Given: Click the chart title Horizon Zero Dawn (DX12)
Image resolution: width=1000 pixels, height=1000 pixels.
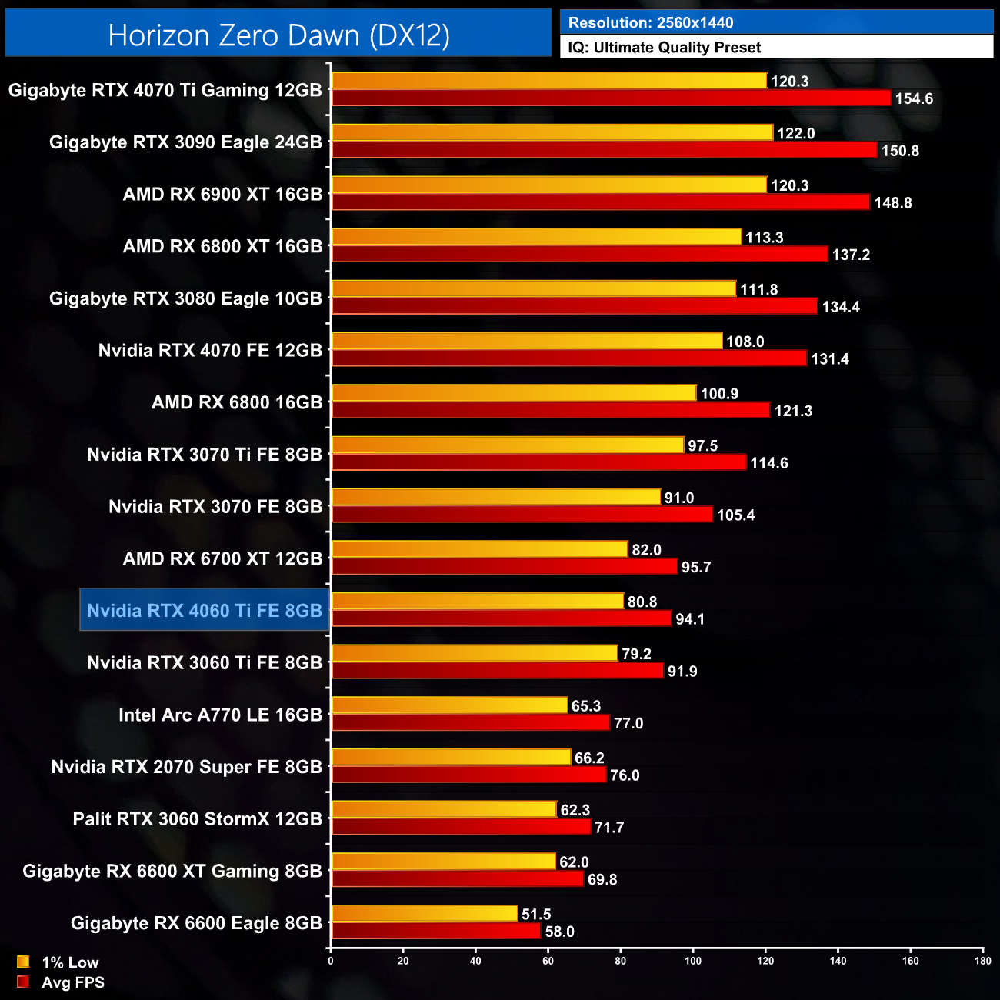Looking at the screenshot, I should coord(278,35).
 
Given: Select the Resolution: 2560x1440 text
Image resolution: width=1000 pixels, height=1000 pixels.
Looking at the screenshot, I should coord(651,23).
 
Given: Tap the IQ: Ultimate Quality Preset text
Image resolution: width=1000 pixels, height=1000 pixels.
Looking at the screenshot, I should coord(665,48).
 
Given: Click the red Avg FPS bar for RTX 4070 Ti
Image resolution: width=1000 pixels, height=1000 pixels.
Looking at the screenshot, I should coord(611,98).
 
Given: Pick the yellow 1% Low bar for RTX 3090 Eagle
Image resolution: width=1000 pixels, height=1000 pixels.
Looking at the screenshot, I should coord(552,132).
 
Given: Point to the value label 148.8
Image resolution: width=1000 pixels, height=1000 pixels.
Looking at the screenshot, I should coord(893,203).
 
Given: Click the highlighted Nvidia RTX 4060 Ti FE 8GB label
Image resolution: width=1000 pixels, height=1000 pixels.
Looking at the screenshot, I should coord(205,611).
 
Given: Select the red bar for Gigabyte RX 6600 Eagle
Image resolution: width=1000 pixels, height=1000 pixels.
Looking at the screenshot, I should coord(436,931).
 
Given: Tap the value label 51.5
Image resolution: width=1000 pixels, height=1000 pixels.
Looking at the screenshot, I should coord(536,914).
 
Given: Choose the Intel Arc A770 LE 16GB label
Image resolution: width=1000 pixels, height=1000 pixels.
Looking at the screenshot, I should coord(220,715).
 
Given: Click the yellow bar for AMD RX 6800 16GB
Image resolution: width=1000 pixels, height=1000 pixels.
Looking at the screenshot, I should coord(513,393).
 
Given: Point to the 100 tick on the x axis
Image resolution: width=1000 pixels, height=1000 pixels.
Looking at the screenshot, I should coord(693,961).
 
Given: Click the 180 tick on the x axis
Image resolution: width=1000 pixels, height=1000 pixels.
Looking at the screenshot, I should coord(982,961).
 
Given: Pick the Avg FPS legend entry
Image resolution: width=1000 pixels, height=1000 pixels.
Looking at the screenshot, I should coord(61,982).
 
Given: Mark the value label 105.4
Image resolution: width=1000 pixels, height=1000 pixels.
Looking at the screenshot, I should coord(736,515).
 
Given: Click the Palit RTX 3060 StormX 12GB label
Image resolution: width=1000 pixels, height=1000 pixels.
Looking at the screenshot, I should coord(197,819).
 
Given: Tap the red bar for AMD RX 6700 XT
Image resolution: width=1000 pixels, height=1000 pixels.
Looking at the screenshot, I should coord(505,566).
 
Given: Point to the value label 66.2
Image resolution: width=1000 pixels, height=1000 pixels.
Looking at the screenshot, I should coord(589,758).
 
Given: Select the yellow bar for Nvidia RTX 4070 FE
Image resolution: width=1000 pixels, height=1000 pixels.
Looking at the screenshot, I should coord(527,341).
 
